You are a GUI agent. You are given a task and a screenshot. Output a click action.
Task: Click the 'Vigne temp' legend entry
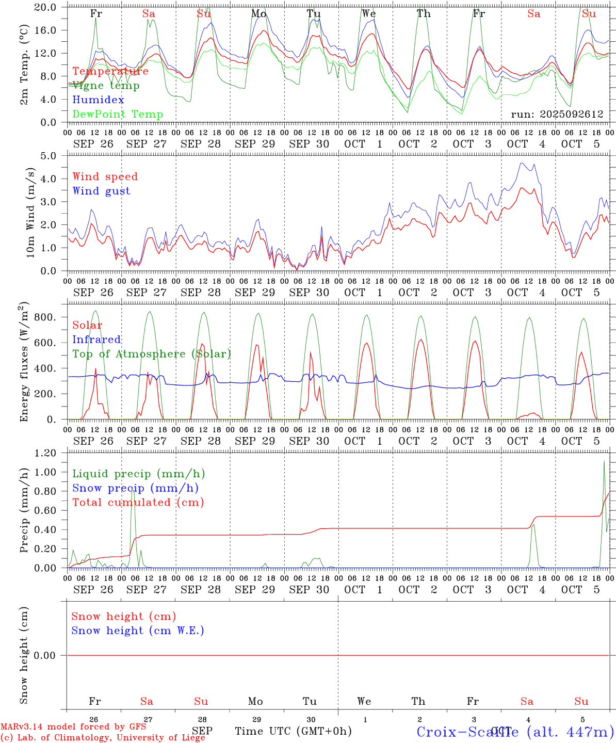pos(106,86)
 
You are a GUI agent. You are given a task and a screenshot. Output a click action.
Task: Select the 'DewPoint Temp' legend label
pos(118,115)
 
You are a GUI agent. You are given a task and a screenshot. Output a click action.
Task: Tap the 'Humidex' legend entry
pos(98,100)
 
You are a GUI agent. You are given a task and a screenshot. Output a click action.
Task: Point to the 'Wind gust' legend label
pos(101,191)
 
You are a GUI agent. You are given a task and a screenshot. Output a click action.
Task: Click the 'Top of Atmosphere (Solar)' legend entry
pos(151,354)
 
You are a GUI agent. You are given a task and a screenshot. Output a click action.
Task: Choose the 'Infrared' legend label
pos(96,340)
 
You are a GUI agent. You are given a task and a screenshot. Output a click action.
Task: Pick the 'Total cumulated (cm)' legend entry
pos(138,503)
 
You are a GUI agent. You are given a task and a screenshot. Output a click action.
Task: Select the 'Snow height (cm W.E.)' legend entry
pos(138,631)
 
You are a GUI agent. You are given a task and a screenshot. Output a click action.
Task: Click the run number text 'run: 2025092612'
pos(557,115)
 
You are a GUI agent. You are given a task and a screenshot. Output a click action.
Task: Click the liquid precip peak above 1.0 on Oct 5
pos(604,461)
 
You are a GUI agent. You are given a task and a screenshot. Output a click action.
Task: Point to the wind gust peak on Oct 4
pos(522,164)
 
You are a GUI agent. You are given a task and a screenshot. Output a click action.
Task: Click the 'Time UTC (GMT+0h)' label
pos(293,731)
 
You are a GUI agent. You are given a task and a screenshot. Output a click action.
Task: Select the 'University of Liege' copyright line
pos(103,738)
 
